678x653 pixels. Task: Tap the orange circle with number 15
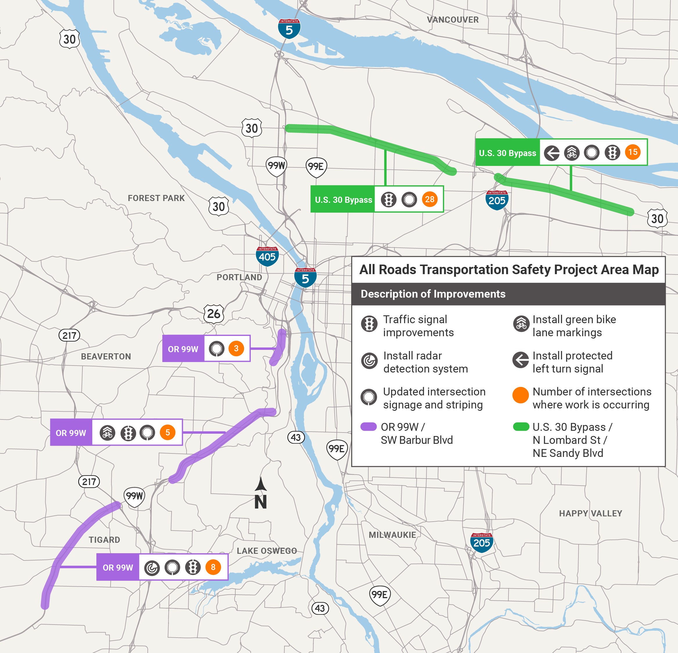click(633, 152)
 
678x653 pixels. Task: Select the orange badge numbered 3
click(236, 348)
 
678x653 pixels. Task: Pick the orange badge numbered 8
click(213, 567)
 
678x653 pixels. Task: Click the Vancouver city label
click(452, 20)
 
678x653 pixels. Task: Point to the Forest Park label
click(156, 198)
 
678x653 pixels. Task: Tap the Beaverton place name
click(106, 357)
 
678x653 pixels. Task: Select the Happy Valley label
click(590, 513)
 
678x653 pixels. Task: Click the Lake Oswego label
click(267, 551)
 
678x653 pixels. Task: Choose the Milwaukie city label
click(392, 535)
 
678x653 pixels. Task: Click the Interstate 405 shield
click(267, 256)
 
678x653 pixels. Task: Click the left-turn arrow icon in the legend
click(520, 360)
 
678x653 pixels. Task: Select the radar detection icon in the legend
click(369, 361)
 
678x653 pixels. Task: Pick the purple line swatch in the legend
click(368, 426)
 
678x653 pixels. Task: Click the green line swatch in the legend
click(521, 426)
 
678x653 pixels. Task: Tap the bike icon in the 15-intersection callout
click(572, 153)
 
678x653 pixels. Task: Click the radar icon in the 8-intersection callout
click(152, 568)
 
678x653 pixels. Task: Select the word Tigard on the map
click(104, 540)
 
